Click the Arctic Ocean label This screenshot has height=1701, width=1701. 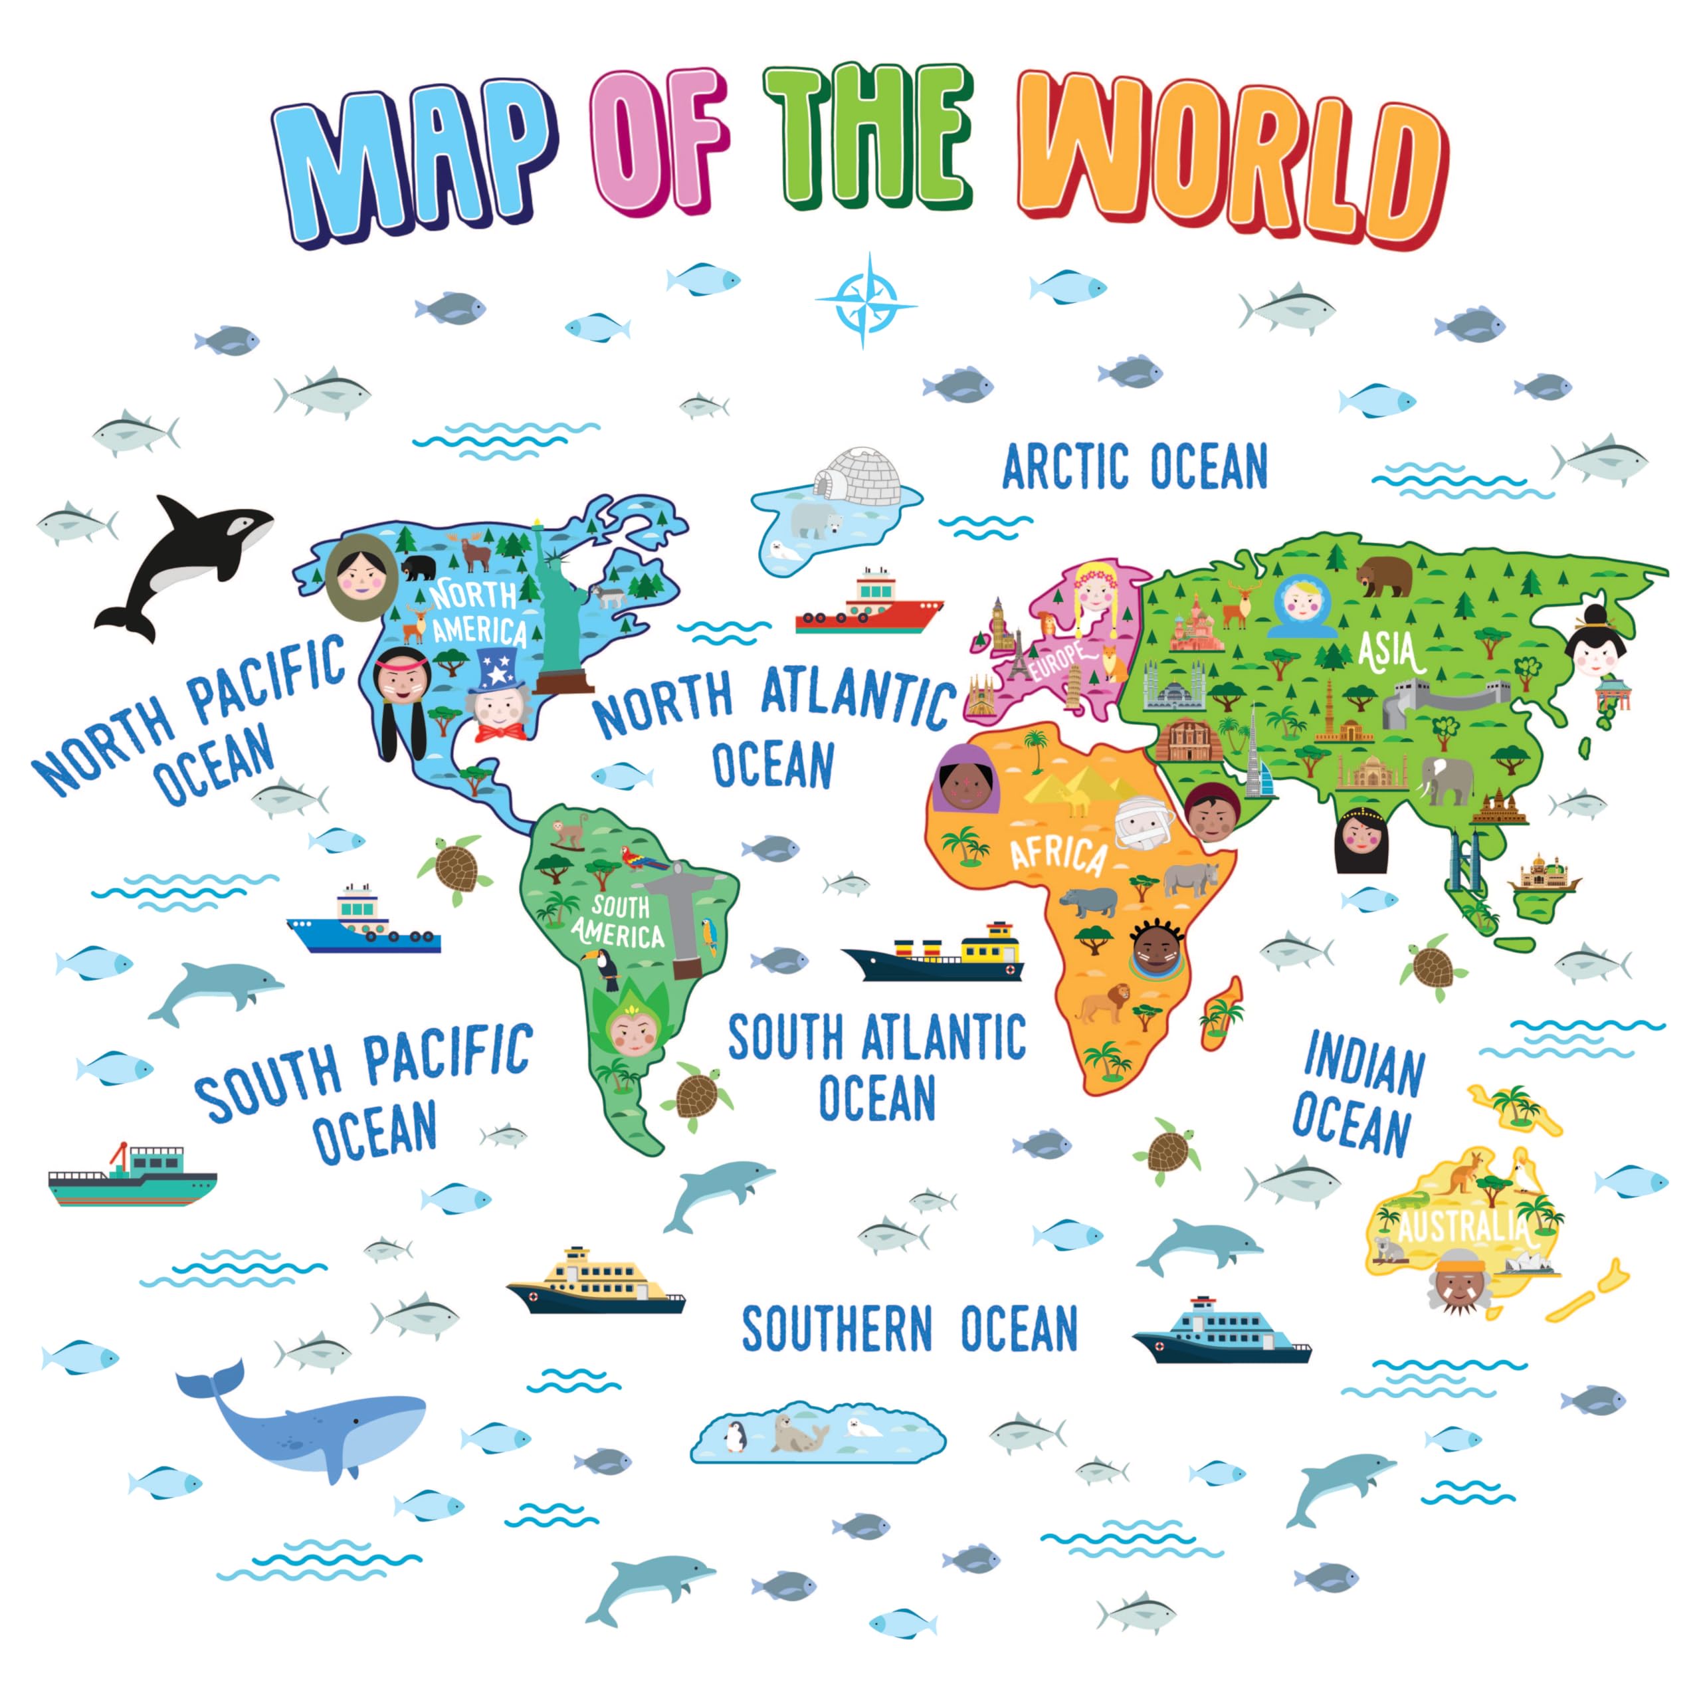[1135, 466]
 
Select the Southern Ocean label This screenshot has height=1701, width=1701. [910, 1329]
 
